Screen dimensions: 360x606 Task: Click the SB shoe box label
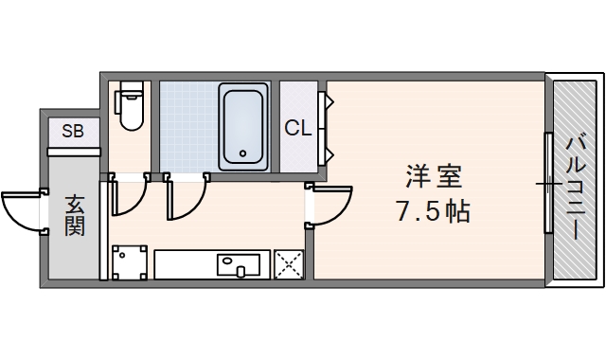pos(73,132)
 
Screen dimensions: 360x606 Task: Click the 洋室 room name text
pos(435,176)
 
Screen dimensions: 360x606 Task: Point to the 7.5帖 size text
pos(433,211)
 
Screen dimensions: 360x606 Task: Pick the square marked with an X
pos(288,264)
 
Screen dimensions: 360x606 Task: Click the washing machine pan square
pos(130,263)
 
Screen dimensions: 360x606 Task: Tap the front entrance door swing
pos(21,211)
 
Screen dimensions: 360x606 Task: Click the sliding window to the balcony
pos(547,182)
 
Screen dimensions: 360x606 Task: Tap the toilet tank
pos(131,91)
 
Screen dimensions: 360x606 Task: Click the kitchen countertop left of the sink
pos(184,263)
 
